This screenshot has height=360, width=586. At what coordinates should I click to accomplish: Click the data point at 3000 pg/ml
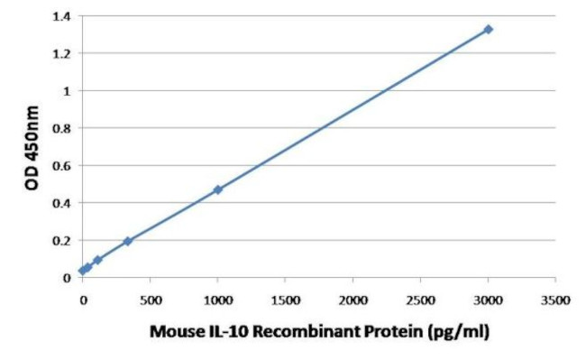point(488,30)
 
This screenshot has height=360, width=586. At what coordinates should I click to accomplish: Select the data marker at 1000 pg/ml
point(217,189)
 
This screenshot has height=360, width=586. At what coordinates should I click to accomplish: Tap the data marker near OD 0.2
point(127,241)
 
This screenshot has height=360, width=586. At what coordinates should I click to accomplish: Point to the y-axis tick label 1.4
point(62,16)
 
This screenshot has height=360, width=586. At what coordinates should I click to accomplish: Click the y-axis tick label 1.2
point(62,54)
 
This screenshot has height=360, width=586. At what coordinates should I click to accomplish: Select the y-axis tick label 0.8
point(62,128)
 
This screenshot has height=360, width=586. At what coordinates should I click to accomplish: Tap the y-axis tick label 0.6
point(62,166)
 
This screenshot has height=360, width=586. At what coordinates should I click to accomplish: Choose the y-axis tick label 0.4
point(62,203)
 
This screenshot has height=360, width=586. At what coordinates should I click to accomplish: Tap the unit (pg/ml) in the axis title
point(456,332)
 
